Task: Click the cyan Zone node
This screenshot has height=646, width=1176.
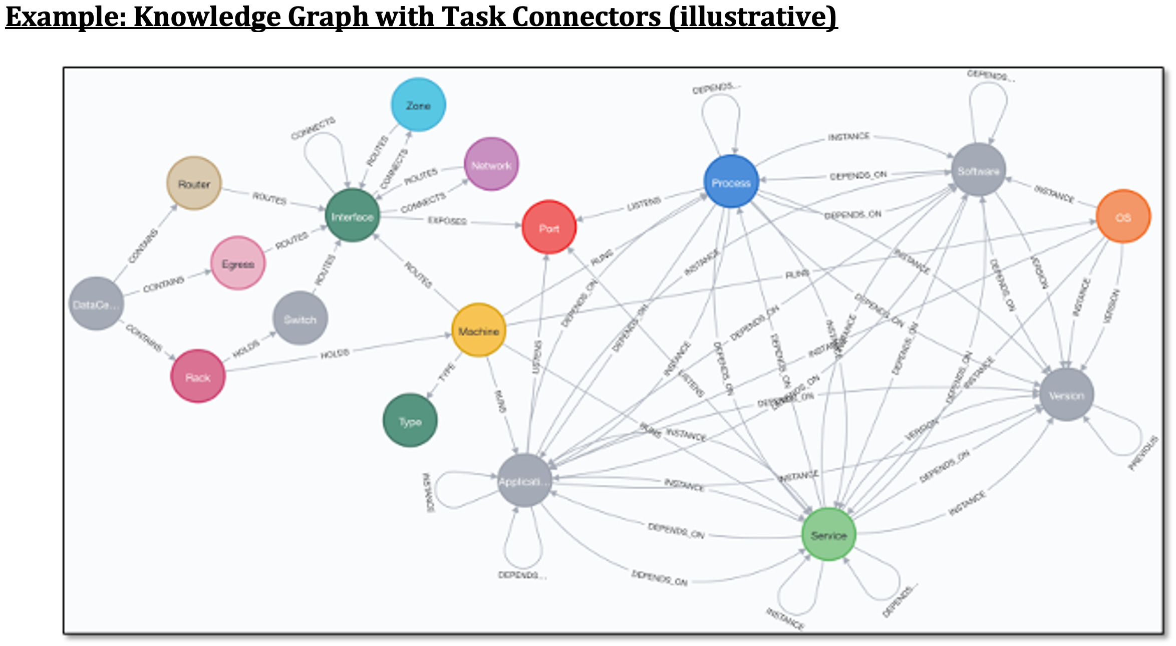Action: [x=418, y=105]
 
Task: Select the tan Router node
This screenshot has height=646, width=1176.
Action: [x=194, y=183]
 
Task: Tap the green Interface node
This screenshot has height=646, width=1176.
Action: [x=352, y=216]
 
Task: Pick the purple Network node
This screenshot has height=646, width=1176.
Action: [x=491, y=164]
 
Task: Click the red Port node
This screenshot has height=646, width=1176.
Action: [x=549, y=227]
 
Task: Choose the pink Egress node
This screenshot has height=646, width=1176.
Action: [x=238, y=263]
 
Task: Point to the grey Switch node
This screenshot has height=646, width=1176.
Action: [x=300, y=318]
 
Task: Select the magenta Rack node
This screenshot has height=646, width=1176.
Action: [x=198, y=376]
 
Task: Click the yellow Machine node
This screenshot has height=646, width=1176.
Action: [x=479, y=331]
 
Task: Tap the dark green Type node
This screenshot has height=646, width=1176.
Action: [x=410, y=421]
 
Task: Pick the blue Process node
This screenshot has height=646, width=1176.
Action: [x=731, y=182]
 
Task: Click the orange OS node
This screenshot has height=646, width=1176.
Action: [x=1123, y=216]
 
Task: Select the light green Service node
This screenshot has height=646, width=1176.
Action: [x=828, y=534]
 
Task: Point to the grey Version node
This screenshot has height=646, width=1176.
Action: [x=1066, y=395]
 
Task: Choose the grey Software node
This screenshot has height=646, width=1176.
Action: [x=978, y=170]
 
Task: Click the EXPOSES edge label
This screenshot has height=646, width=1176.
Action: [x=447, y=221]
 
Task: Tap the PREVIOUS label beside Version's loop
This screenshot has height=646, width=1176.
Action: [x=1143, y=453]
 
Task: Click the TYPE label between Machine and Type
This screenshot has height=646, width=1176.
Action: [x=447, y=372]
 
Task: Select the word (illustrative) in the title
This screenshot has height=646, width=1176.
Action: [x=752, y=17]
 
